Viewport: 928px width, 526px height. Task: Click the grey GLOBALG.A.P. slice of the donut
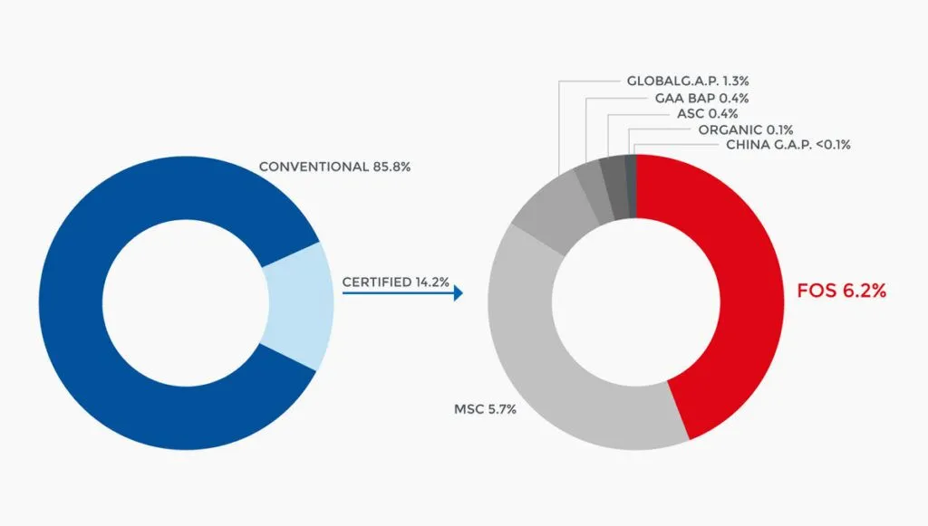(x=547, y=213)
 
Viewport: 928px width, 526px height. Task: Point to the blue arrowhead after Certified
(x=458, y=292)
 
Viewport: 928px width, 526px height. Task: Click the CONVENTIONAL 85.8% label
(x=334, y=167)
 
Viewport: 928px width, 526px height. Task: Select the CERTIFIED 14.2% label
(x=395, y=282)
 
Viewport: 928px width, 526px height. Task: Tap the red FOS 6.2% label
(x=842, y=291)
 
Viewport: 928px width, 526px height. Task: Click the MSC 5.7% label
(x=486, y=409)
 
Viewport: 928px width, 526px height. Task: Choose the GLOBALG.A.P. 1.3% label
(x=688, y=81)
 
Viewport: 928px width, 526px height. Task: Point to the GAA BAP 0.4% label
(x=702, y=98)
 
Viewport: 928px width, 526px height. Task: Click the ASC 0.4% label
(x=707, y=113)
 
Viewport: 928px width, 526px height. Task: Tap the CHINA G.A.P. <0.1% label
(x=788, y=145)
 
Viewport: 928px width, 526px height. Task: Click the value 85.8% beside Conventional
(x=391, y=167)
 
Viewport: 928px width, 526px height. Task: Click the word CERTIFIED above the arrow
(x=376, y=282)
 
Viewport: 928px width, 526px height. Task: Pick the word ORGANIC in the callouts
(x=730, y=129)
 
